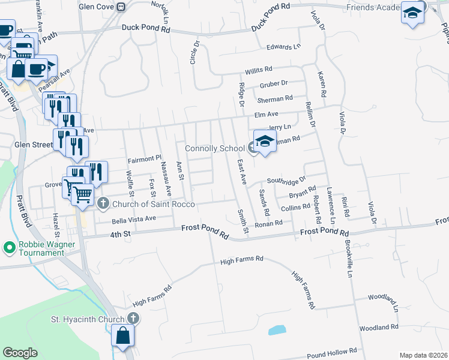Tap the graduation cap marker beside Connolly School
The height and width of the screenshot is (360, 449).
265,142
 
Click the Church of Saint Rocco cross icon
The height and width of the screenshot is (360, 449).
103,203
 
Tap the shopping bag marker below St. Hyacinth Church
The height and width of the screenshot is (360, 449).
122,337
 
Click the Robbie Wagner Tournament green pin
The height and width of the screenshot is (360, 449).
9,247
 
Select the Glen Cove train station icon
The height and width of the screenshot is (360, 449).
122,7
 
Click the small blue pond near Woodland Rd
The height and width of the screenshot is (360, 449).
277,329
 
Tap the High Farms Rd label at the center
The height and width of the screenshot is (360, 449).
242,260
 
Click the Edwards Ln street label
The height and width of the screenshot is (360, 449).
283,47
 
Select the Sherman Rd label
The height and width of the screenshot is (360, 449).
275,98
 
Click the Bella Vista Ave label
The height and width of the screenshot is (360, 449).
134,219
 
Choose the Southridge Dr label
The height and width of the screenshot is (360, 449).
286,179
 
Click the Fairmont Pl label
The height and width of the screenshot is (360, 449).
145,159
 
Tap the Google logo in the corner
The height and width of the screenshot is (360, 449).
20,353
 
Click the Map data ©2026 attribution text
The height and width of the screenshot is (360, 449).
423,355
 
